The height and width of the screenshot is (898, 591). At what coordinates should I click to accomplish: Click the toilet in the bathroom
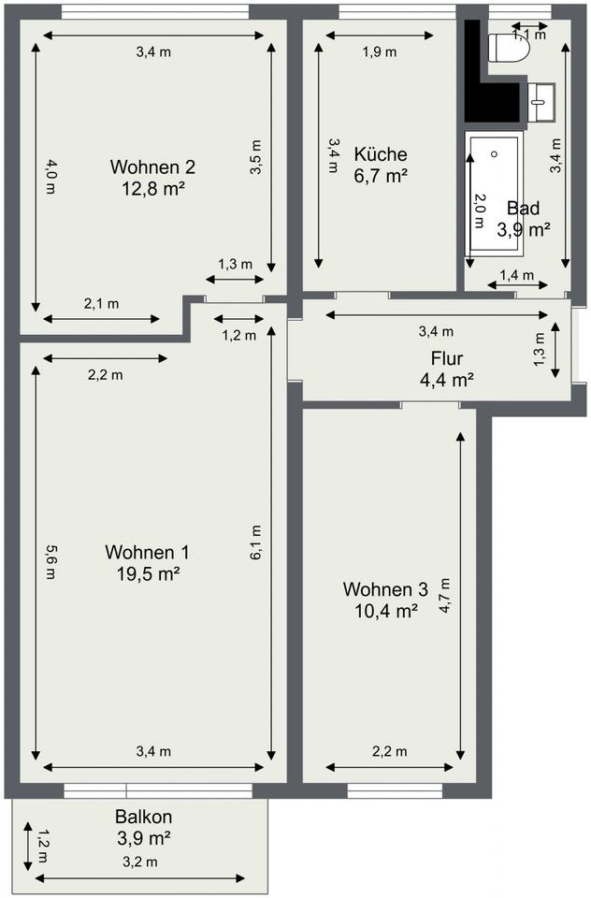(508, 48)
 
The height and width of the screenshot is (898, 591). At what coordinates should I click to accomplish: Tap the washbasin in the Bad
(541, 102)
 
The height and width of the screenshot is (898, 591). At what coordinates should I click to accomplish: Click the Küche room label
(381, 154)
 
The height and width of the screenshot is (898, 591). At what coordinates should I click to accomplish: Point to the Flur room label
(447, 358)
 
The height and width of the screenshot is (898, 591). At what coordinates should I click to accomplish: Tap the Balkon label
(143, 816)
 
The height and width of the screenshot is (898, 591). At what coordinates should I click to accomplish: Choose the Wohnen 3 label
(385, 588)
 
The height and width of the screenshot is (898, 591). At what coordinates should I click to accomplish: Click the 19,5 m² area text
(149, 573)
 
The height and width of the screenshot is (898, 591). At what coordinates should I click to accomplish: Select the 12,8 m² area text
(153, 188)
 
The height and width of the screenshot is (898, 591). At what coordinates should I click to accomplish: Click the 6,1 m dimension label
(256, 543)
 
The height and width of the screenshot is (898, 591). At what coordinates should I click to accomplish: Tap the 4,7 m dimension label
(445, 596)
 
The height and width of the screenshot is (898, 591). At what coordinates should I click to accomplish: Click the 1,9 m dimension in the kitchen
(379, 52)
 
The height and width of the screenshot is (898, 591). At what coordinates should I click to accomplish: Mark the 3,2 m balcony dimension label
(139, 862)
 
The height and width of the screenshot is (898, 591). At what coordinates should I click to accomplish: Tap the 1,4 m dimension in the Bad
(516, 275)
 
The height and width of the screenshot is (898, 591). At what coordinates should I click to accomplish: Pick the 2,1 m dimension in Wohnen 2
(101, 303)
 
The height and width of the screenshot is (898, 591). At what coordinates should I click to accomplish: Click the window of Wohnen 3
(396, 791)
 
